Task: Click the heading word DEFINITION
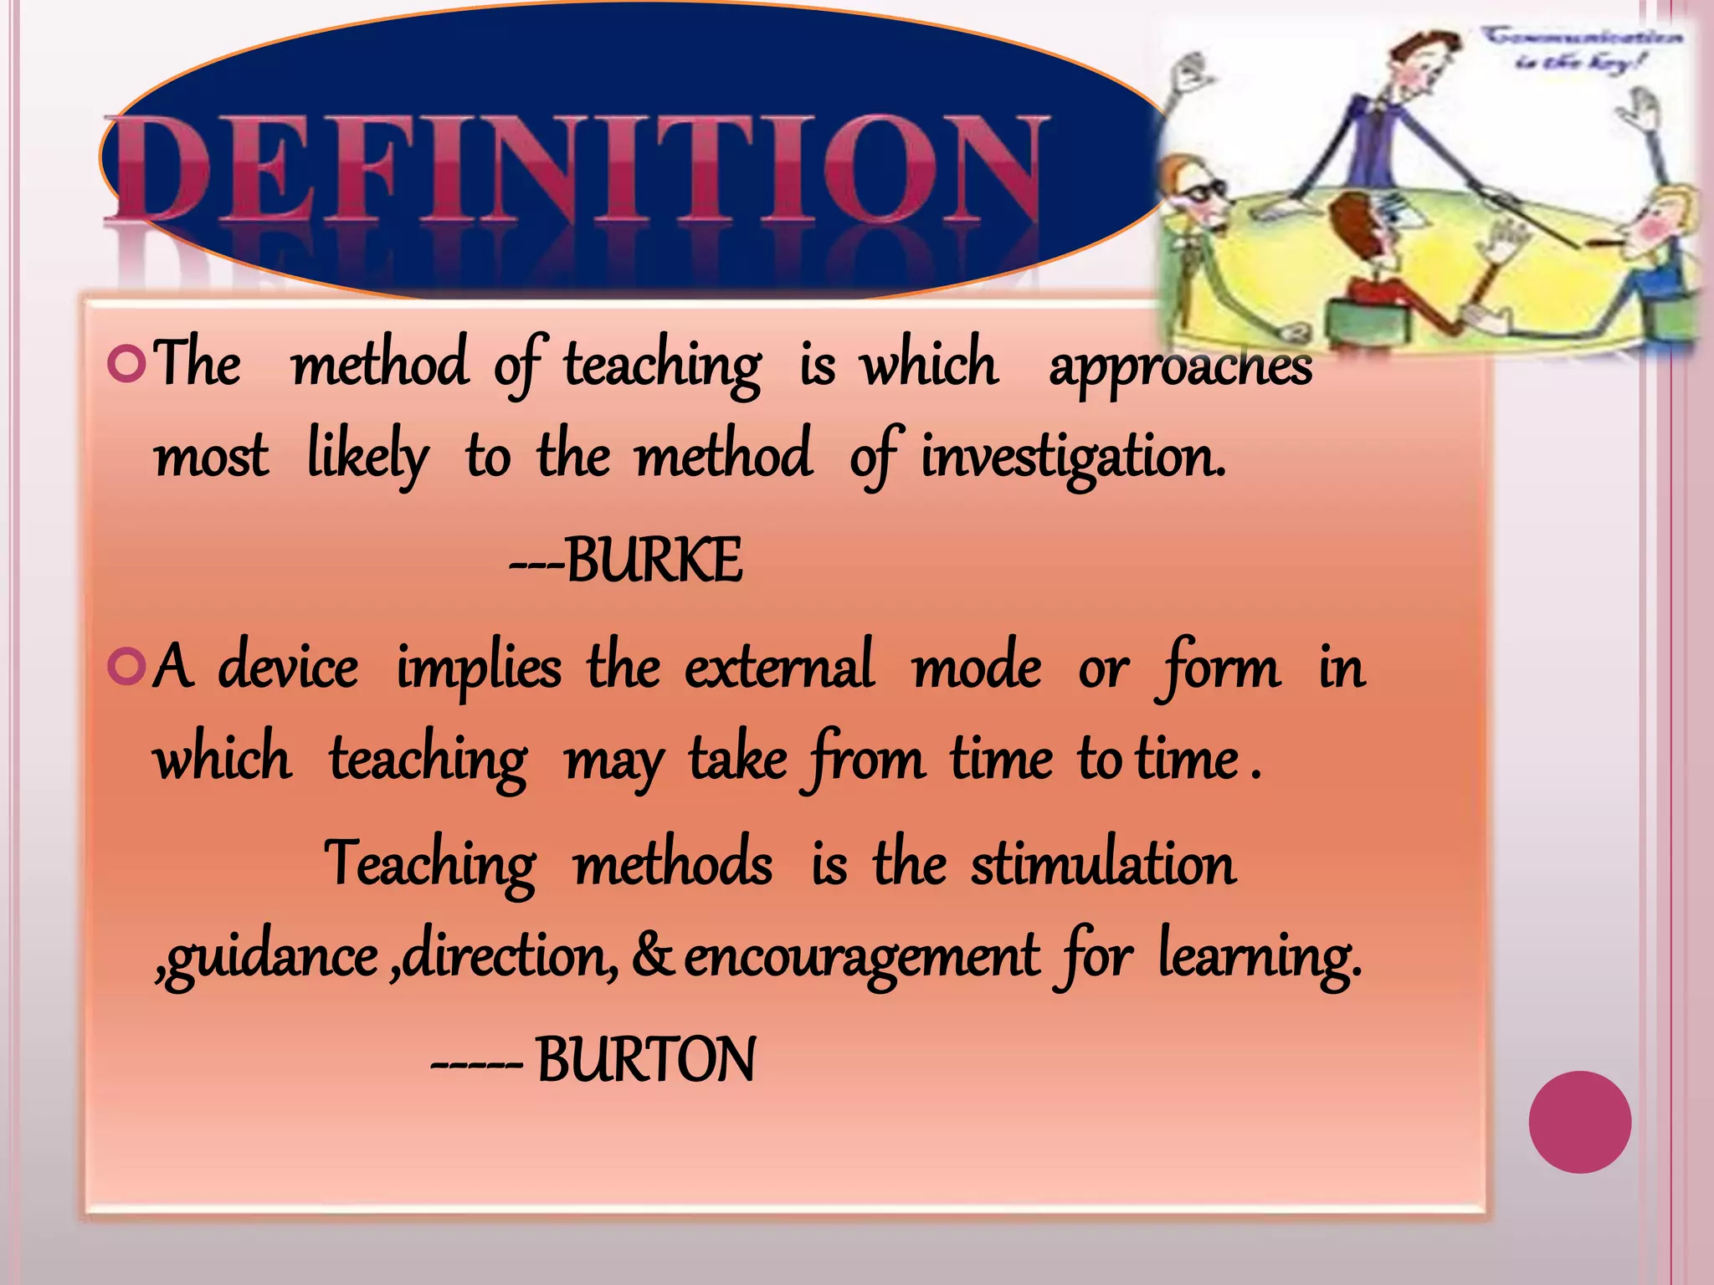[577, 172]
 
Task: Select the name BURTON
[645, 1060]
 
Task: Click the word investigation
[1073, 458]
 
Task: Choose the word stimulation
[1103, 863]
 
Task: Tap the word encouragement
[862, 958]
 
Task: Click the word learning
[1260, 958]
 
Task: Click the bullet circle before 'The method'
[127, 364]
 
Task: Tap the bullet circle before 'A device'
[127, 668]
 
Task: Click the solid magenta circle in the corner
[1579, 1122]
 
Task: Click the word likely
[368, 458]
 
